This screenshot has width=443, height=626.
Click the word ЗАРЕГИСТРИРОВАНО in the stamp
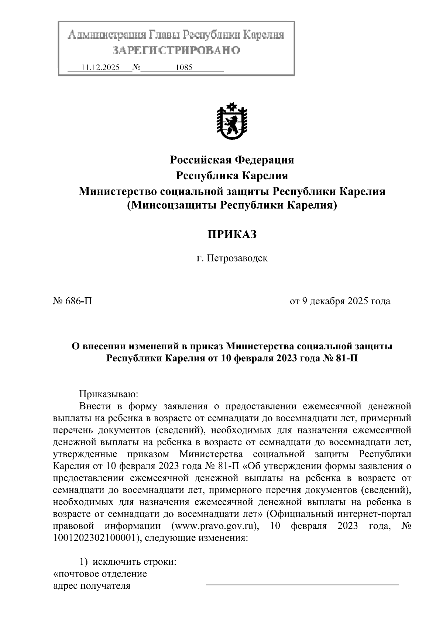(x=176, y=50)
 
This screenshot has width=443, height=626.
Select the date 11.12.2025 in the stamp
(x=100, y=68)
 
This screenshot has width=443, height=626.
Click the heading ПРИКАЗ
(x=231, y=234)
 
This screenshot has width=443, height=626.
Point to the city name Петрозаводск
(x=237, y=258)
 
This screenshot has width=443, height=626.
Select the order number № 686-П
(x=72, y=301)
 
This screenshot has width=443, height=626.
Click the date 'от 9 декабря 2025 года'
(x=340, y=301)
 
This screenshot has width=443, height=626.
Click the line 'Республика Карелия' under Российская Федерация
(x=232, y=176)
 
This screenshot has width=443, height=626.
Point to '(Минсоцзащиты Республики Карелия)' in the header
(x=232, y=205)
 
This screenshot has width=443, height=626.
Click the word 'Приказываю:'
(x=109, y=394)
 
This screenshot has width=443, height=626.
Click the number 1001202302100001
(x=95, y=538)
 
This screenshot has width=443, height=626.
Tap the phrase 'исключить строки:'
(x=134, y=562)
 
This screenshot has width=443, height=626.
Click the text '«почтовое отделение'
(x=100, y=574)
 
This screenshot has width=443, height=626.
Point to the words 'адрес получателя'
(x=92, y=585)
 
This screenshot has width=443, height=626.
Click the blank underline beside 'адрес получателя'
(x=302, y=584)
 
